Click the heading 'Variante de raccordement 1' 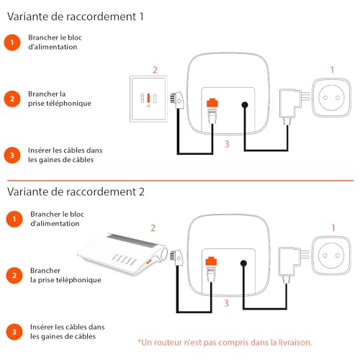76,17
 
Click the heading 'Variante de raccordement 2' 76,192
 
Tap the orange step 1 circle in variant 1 12,42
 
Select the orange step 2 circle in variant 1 12,99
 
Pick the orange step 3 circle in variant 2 14,332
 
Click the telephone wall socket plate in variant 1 148,99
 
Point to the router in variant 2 122,254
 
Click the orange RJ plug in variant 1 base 212,102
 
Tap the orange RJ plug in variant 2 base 211,261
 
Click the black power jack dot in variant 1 245,105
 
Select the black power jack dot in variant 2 243,264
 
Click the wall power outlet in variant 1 331,97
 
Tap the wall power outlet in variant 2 331,256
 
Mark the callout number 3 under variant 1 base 227,144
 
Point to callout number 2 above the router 153,228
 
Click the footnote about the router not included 225,343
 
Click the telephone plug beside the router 176,258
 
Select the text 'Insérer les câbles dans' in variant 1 66,150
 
